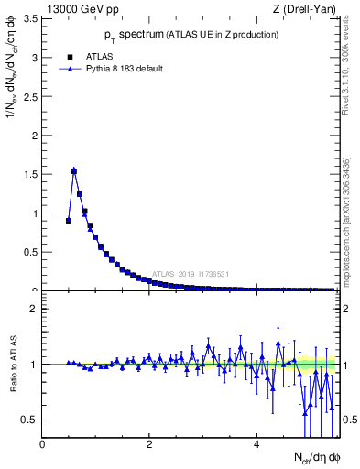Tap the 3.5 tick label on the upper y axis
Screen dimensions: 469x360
click(29, 18)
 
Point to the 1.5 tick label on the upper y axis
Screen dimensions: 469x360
click(29, 174)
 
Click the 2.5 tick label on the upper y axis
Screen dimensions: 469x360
click(29, 96)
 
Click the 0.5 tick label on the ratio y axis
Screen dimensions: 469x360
click(29, 420)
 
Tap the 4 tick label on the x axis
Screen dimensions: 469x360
click(257, 446)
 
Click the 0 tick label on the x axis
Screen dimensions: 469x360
click(43, 446)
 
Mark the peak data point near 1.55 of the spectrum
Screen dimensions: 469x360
click(74, 170)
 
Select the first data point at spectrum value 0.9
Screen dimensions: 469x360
click(69, 220)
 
